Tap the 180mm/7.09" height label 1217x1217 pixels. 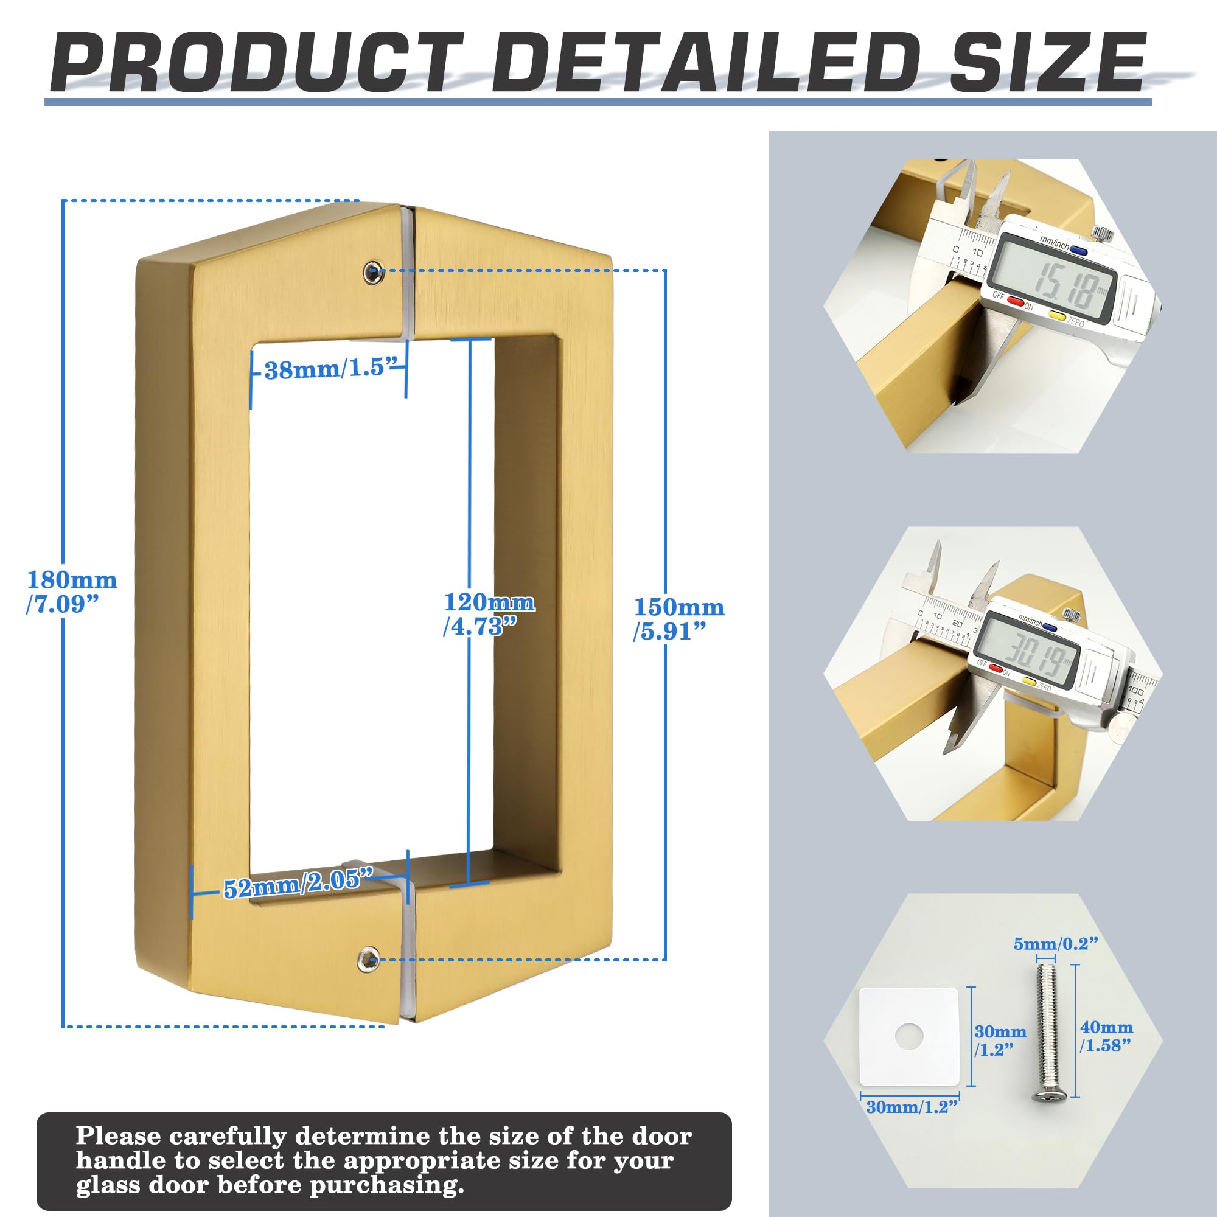tap(72, 591)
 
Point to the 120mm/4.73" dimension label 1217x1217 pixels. tap(489, 613)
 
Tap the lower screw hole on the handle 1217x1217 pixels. tap(368, 960)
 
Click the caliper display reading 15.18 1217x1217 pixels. tap(1051, 279)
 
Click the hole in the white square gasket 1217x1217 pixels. tap(909, 1034)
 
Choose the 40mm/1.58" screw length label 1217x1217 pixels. tap(1106, 1036)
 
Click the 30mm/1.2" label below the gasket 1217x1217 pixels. tap(912, 1107)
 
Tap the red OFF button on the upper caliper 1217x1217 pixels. tap(1015, 302)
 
